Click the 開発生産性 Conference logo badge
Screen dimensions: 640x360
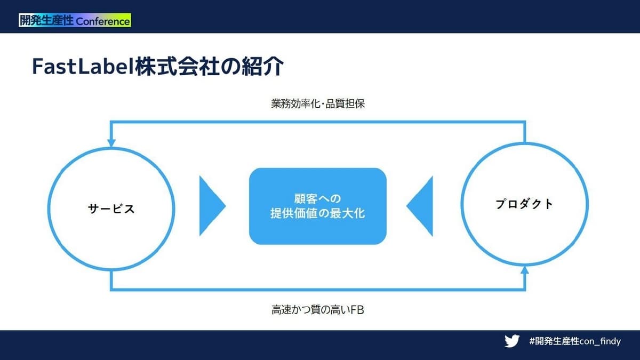[75, 20]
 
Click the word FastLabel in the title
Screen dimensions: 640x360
[83, 67]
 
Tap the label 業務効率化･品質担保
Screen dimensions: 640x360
[318, 103]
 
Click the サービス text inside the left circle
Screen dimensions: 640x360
[111, 209]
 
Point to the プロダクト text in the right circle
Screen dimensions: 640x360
[524, 204]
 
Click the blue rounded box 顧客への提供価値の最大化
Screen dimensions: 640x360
[318, 206]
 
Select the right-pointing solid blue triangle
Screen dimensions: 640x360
[213, 206]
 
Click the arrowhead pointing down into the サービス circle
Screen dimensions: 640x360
[111, 143]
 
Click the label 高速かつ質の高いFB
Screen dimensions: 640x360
[318, 310]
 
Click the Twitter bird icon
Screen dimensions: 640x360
[512, 341]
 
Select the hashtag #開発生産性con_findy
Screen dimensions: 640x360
[575, 341]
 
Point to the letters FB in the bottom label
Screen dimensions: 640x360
[357, 310]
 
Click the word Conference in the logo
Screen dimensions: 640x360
[103, 21]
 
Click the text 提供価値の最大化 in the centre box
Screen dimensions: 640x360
[318, 213]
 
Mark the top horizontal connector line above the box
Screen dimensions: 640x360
[318, 122]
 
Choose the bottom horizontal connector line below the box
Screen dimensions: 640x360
[318, 290]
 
